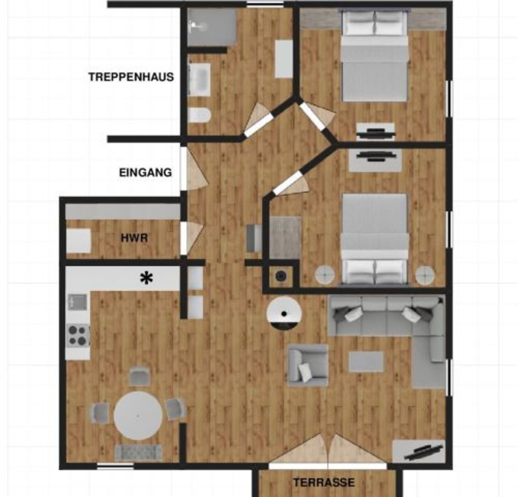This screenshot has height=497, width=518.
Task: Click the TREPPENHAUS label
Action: pos(131,77)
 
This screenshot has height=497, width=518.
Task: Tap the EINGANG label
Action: pos(145,173)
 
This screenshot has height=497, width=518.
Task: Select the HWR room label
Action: pos(134,238)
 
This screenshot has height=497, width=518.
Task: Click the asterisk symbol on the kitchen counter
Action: pos(147,279)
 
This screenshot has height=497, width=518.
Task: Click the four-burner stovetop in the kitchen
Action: pos(78,336)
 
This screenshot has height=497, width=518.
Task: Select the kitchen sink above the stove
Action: pos(78,302)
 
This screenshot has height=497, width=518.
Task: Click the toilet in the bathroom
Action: pos(199,115)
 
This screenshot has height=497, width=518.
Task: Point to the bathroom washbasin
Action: pos(199,79)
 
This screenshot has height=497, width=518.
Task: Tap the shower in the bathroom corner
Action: pos(211,27)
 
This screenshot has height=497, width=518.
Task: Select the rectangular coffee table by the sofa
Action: pos(366,362)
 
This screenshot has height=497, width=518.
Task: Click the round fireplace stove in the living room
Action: pos(284,313)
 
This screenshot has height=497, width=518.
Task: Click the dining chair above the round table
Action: pos(139,376)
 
